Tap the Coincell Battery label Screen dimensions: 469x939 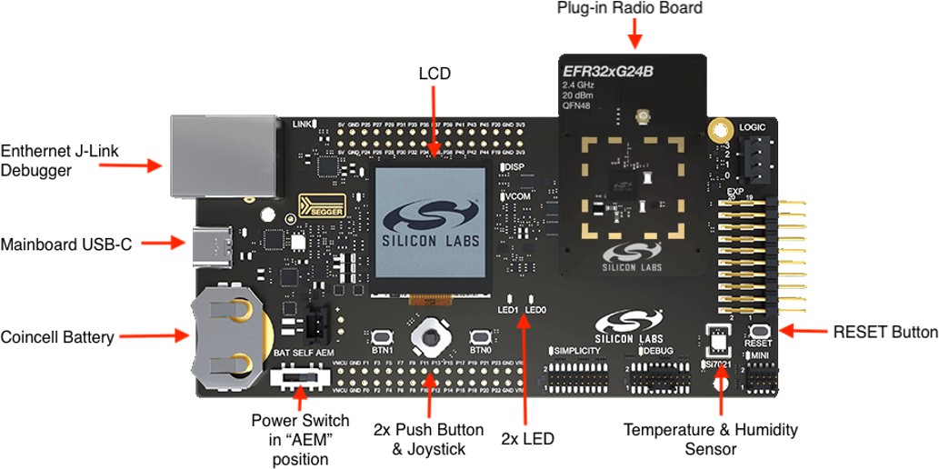click(x=57, y=337)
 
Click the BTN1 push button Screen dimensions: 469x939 click(x=384, y=335)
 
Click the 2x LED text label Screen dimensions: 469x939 click(x=527, y=439)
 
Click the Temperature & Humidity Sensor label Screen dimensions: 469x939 click(x=710, y=438)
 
